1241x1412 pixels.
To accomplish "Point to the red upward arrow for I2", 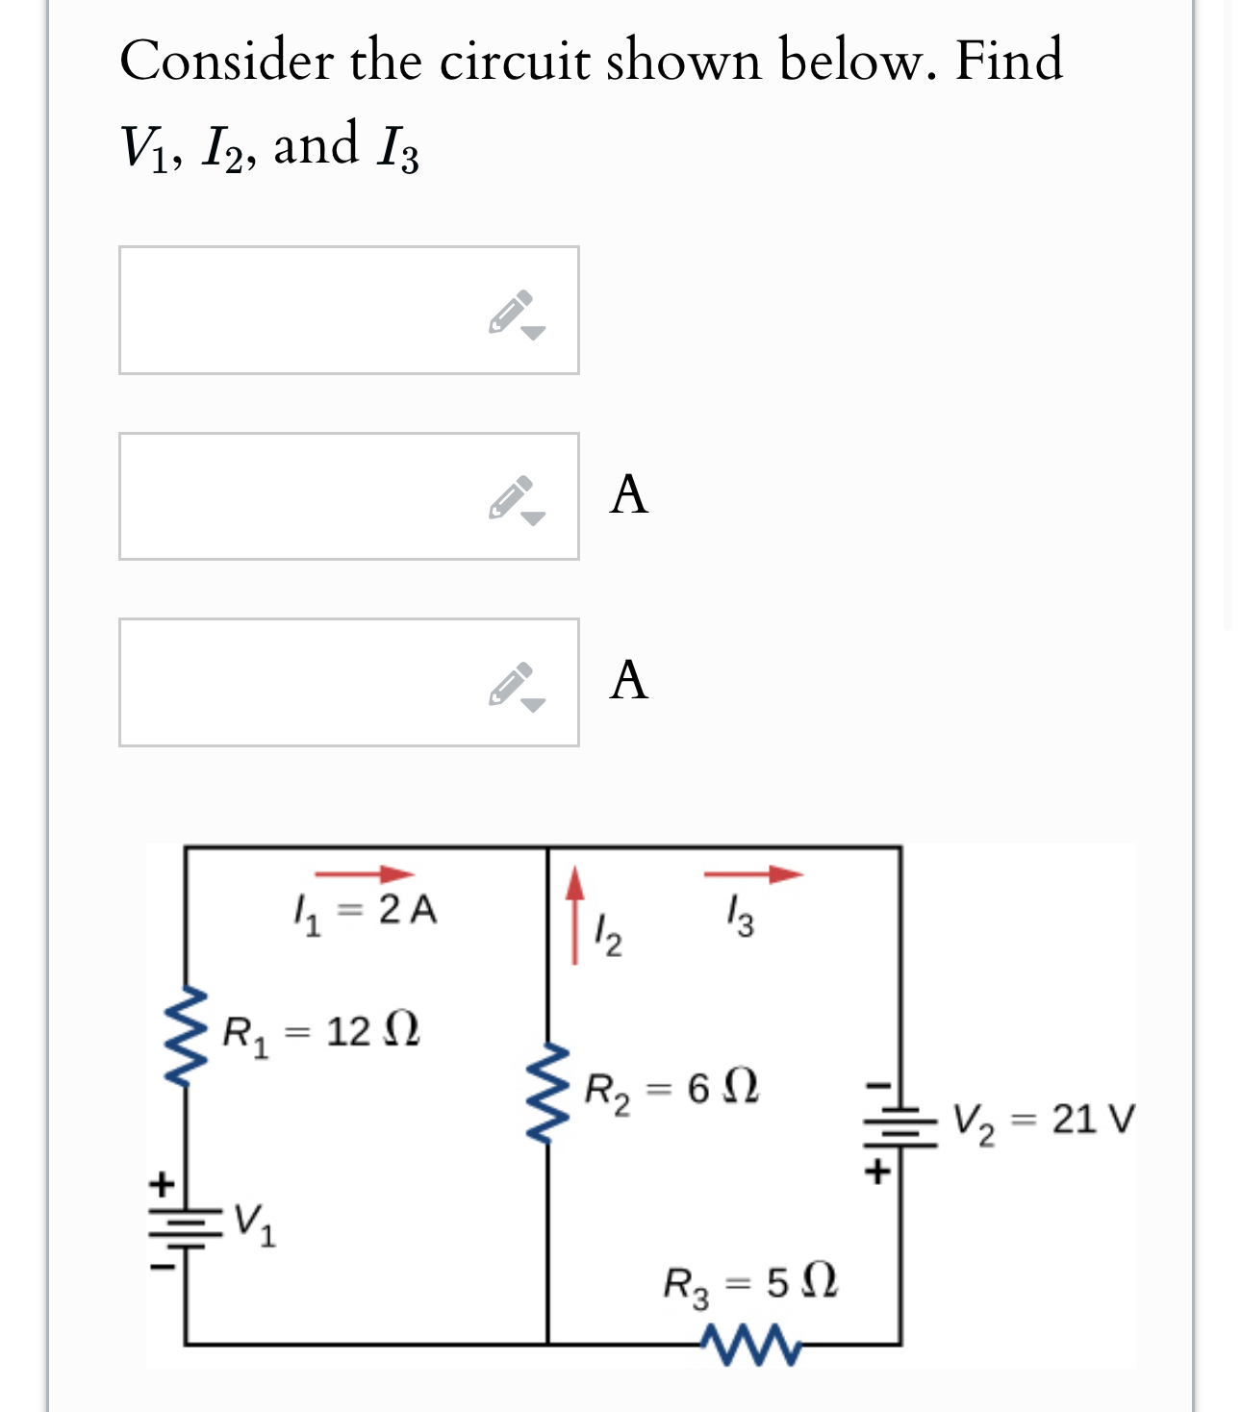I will coord(574,914).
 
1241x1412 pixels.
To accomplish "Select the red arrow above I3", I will coord(752,873).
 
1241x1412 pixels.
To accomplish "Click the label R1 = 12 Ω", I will coord(320,1033).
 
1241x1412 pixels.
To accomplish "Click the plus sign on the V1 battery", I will coord(165,1182).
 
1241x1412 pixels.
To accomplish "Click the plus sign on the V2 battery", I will coord(876,1172).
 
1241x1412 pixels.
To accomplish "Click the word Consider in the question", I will coord(226,61).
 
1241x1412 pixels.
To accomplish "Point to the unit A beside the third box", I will coord(629,681).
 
